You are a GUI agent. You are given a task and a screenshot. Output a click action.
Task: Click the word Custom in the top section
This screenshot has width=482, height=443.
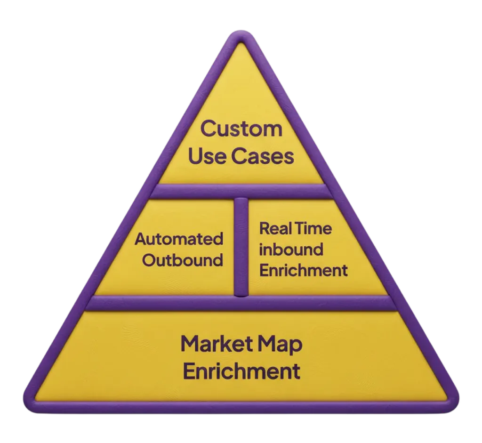(241, 129)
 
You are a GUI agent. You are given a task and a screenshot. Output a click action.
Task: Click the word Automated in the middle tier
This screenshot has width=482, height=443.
(179, 239)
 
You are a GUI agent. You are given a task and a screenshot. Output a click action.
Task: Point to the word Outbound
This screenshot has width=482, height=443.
(183, 260)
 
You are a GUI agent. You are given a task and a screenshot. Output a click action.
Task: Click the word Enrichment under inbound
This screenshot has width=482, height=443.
(304, 271)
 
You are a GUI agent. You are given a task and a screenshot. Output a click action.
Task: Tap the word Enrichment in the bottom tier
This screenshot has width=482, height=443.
(241, 371)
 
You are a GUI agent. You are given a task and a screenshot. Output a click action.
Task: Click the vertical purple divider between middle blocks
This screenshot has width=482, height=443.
(241, 247)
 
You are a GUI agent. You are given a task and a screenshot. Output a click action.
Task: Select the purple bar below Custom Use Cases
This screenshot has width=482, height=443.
(241, 191)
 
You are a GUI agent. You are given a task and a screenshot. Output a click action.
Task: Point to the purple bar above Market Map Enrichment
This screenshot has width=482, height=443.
(241, 304)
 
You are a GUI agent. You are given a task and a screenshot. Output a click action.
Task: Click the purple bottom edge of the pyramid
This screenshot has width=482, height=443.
(241, 407)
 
